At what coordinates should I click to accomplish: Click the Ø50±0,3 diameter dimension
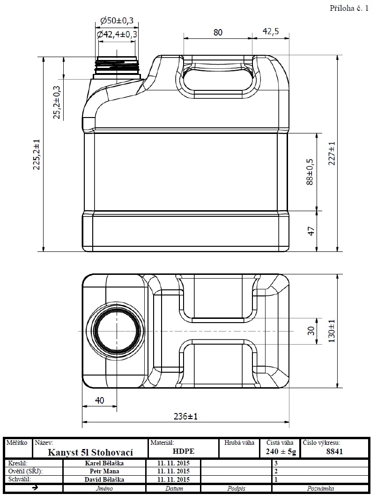117,21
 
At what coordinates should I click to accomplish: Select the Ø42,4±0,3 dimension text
117,34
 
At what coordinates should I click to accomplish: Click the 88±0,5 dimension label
310,172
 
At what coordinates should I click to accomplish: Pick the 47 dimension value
310,231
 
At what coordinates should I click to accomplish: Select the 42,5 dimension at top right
271,32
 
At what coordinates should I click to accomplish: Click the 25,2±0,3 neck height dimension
57,103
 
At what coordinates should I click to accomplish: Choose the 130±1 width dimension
332,331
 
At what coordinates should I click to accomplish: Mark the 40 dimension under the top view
99,400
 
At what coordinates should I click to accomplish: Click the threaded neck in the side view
117,67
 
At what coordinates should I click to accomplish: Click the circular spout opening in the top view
117,331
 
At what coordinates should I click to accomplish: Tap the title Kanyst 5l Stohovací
91,452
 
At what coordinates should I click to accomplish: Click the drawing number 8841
334,451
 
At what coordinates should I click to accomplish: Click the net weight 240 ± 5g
281,451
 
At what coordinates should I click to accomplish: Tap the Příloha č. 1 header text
349,8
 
